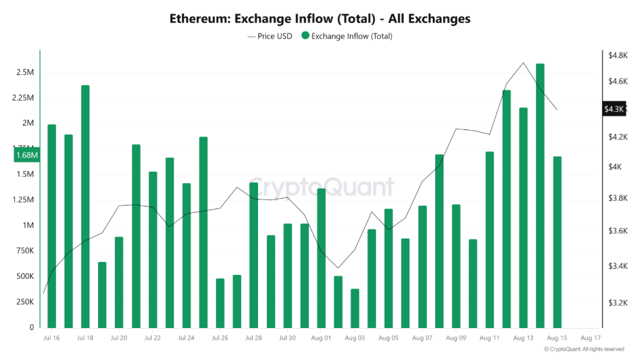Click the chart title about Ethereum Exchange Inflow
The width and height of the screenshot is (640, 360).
[319, 18]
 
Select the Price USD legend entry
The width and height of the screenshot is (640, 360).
[270, 37]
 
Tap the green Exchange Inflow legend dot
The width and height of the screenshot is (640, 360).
[305, 37]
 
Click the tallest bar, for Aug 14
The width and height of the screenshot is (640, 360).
[540, 196]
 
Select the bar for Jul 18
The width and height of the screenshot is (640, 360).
[85, 206]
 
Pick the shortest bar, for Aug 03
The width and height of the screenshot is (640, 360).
[355, 308]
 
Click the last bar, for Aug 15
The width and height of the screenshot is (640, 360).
[557, 242]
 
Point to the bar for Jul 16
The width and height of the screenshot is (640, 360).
[52, 226]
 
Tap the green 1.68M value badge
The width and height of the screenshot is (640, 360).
[27, 155]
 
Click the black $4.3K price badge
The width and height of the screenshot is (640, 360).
[614, 109]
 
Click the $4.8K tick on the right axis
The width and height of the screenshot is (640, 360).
[616, 56]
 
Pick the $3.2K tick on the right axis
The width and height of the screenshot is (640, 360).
[616, 303]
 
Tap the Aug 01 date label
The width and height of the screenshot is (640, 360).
[321, 338]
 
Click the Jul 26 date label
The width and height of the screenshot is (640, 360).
[220, 338]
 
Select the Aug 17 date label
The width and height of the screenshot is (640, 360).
[590, 338]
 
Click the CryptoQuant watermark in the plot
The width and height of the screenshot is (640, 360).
[322, 188]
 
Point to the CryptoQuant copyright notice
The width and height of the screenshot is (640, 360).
[584, 350]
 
